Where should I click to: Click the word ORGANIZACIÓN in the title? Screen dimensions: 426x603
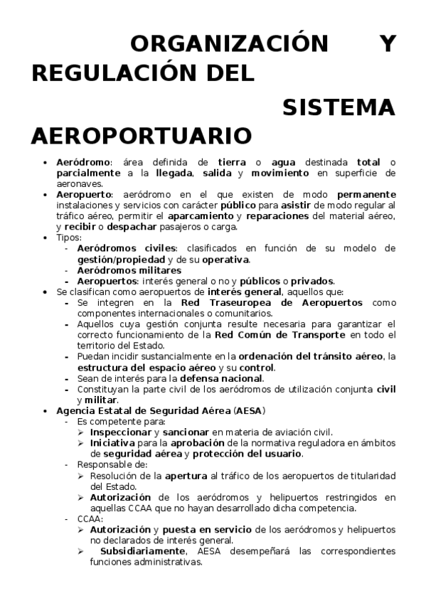pyautogui.click(x=230, y=44)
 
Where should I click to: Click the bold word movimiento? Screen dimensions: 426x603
pyautogui.click(x=280, y=173)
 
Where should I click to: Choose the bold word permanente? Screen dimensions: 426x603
pyautogui.click(x=366, y=194)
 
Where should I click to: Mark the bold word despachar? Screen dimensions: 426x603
pyautogui.click(x=131, y=227)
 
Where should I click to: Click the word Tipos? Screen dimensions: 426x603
pyautogui.click(x=69, y=238)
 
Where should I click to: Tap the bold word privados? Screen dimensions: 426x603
pyautogui.click(x=311, y=280)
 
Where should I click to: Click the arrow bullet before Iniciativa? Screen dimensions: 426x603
pyautogui.click(x=82, y=442)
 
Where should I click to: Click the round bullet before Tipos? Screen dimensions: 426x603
pyautogui.click(x=46, y=238)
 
